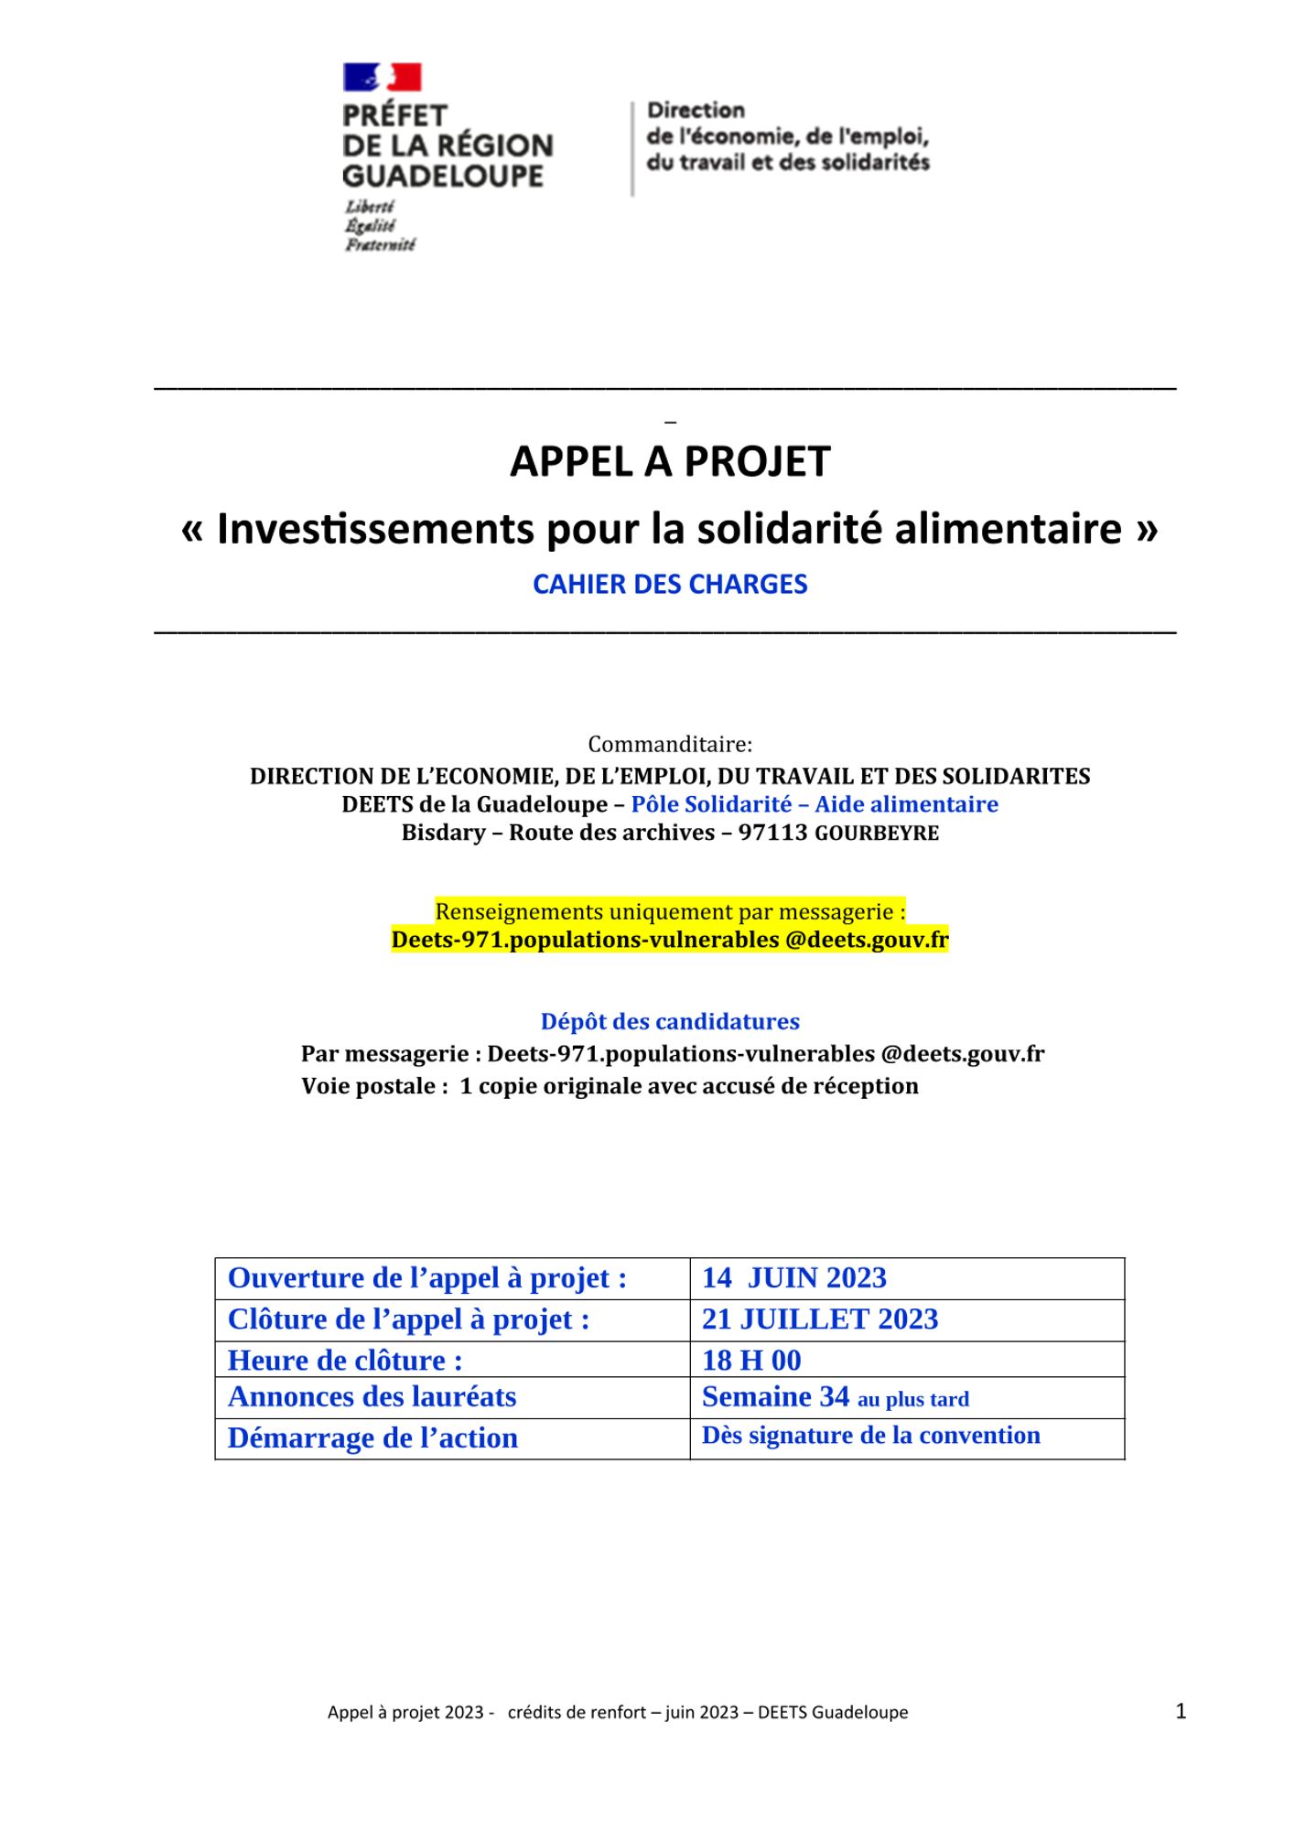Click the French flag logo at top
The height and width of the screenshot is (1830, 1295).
pos(382,77)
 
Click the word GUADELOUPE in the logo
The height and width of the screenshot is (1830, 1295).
pos(443,176)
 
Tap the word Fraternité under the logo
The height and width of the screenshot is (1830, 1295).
pos(380,245)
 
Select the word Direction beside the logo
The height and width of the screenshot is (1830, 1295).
pos(696,111)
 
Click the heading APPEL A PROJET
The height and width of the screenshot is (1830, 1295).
pos(670,461)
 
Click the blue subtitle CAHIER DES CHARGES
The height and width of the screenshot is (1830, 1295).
pos(670,585)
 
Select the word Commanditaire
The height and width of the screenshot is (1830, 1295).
pos(669,744)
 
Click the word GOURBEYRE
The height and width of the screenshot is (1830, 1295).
pos(876,834)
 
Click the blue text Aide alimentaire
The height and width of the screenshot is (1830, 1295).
pos(906,804)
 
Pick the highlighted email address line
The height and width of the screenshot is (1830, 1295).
pos(670,940)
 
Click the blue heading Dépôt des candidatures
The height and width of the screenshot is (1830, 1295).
pos(670,1021)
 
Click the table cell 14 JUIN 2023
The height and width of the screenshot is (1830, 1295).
pos(793,1278)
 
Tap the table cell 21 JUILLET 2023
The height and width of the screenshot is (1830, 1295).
pos(819,1319)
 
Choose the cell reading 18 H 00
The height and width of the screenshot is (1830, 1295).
pos(751,1361)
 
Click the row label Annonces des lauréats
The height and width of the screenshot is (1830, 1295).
pos(372,1397)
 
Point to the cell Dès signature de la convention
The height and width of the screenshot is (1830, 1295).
pos(870,1436)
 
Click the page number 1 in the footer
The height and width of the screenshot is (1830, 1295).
pos(1181,1711)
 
